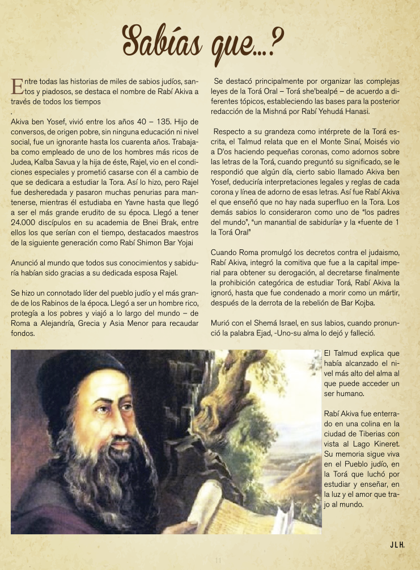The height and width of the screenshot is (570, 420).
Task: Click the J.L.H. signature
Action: pyautogui.click(x=397, y=545)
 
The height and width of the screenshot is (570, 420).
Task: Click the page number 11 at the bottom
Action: pyautogui.click(x=217, y=561)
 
